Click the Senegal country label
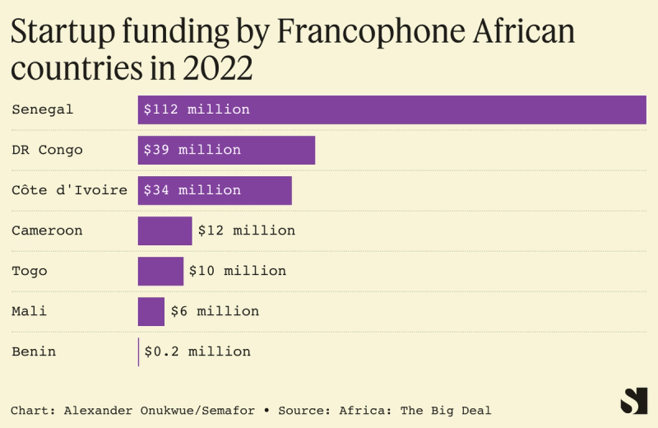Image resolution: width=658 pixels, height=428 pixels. [43, 109]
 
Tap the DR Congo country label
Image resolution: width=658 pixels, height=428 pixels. [47, 150]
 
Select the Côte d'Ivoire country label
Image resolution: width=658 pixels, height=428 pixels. [69, 190]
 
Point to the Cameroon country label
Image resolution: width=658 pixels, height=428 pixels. [47, 230]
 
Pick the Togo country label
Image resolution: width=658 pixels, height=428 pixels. [30, 271]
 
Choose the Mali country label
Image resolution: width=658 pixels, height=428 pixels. [29, 311]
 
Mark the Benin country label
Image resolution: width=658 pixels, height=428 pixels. [34, 351]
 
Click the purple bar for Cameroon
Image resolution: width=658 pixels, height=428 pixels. [164, 230]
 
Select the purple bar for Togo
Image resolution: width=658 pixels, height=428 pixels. [160, 271]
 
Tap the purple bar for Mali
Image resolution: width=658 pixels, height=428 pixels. [151, 311]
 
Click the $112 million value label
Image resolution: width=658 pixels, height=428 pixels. [197, 109]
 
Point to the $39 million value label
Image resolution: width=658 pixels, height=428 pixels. [192, 150]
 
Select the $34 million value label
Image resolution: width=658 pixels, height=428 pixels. [192, 190]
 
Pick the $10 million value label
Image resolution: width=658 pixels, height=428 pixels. [238, 271]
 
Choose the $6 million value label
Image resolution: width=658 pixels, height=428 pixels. [215, 311]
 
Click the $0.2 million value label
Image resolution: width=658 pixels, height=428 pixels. [197, 351]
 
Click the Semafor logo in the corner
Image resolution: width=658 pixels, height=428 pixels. [633, 401]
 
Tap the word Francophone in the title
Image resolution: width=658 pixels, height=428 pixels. [385, 32]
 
